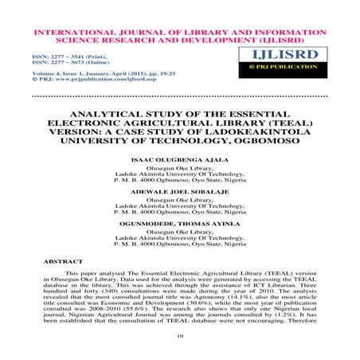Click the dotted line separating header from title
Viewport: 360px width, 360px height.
180,96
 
